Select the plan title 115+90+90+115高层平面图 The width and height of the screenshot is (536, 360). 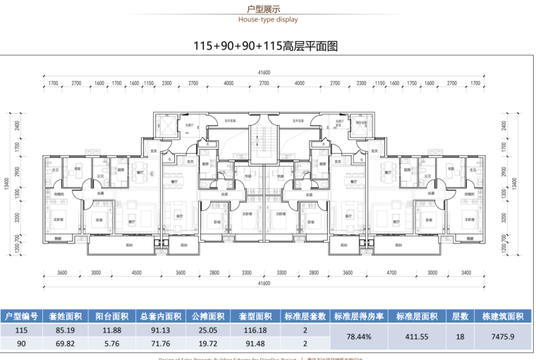tap(267, 47)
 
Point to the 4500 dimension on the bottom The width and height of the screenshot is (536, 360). tap(137, 272)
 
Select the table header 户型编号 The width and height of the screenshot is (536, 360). tap(21, 317)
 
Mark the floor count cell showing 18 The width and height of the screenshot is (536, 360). tap(461, 337)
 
